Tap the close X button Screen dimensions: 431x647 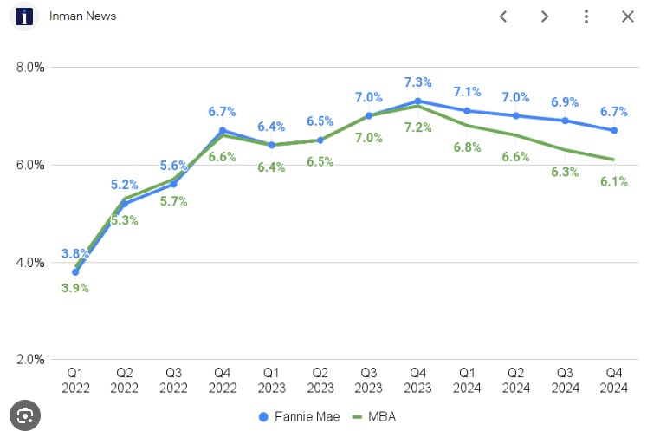pos(628,16)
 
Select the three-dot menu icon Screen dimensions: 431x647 pos(586,16)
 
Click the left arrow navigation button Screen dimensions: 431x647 pos(502,16)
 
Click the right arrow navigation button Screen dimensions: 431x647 pos(544,16)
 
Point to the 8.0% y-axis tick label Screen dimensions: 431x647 pos(30,67)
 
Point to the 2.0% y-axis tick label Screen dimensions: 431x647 pos(30,360)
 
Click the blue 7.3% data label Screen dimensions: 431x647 pos(418,82)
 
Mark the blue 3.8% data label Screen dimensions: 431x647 pos(75,254)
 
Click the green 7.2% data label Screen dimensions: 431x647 pos(418,127)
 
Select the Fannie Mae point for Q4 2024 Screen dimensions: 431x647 pos(614,130)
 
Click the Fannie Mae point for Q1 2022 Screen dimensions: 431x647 pos(75,272)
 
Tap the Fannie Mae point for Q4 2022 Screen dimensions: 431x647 pos(223,130)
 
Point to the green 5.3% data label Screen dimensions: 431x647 pos(124,220)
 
